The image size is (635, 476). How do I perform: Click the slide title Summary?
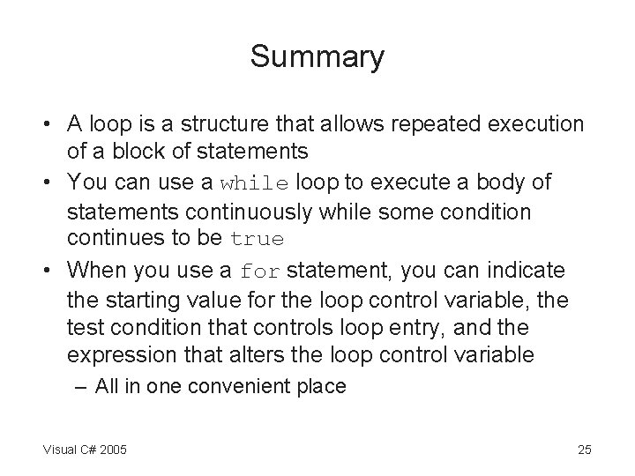click(317, 57)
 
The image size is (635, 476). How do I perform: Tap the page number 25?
click(584, 450)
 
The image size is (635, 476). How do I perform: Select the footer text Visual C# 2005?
click(84, 450)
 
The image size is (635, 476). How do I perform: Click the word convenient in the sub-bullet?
click(262, 385)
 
